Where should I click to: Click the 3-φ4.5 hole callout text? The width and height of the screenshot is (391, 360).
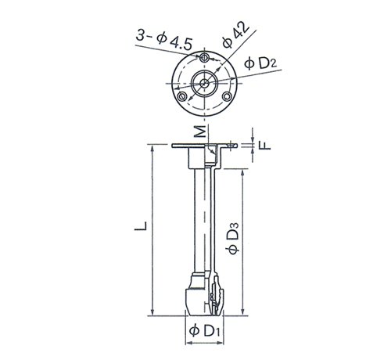[x=164, y=40]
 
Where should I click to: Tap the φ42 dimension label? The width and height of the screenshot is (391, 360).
[x=236, y=36]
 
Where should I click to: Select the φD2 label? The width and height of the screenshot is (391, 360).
[x=260, y=63]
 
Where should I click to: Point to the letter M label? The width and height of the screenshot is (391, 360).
[x=201, y=131]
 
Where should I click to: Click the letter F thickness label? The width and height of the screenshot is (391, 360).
[x=266, y=145]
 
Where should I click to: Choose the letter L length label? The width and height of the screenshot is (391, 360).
[x=141, y=225]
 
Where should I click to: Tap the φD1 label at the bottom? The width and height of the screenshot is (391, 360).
[x=205, y=331]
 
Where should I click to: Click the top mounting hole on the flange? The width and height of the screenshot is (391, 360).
[x=204, y=58]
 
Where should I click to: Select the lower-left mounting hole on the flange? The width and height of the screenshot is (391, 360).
[x=181, y=97]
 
